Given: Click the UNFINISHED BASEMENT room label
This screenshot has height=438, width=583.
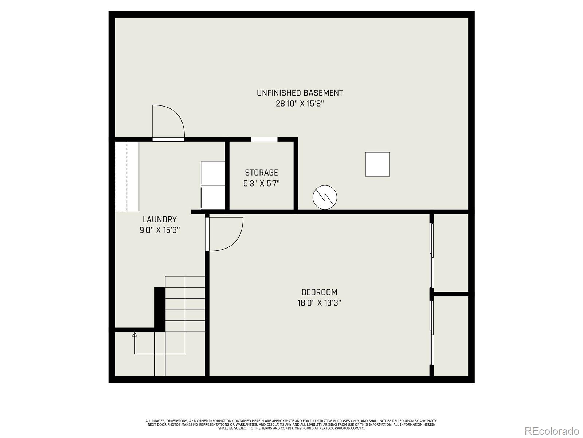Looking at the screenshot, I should pyautogui.click(x=300, y=93).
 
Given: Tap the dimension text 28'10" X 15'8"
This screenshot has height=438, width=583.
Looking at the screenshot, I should pyautogui.click(x=300, y=104).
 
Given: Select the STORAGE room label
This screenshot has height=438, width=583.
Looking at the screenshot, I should pyautogui.click(x=261, y=173).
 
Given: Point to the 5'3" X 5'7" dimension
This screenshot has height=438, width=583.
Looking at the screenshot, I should pyautogui.click(x=261, y=183).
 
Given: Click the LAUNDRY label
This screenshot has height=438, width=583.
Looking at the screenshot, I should pyautogui.click(x=160, y=219).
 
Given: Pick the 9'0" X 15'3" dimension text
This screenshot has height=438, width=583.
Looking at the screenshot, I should pyautogui.click(x=160, y=230).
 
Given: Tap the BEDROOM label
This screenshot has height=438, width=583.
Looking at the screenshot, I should pyautogui.click(x=319, y=292).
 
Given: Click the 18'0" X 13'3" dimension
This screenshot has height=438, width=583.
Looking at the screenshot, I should pyautogui.click(x=319, y=303).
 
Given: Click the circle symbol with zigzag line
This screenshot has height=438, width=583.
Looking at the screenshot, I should pyautogui.click(x=325, y=197).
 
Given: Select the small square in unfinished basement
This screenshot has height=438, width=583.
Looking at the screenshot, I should pyautogui.click(x=377, y=164).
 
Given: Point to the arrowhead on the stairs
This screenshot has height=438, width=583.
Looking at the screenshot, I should pyautogui.click(x=135, y=334).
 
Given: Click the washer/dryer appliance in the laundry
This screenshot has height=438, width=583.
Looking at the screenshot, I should pyautogui.click(x=213, y=185).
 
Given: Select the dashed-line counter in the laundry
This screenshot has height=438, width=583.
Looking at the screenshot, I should pyautogui.click(x=127, y=176).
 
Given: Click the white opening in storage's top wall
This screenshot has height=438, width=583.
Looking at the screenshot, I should pyautogui.click(x=264, y=139).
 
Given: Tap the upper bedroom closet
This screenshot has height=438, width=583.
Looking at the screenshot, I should pyautogui.click(x=451, y=253).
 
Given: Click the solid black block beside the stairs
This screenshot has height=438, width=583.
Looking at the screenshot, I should pyautogui.click(x=160, y=308).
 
